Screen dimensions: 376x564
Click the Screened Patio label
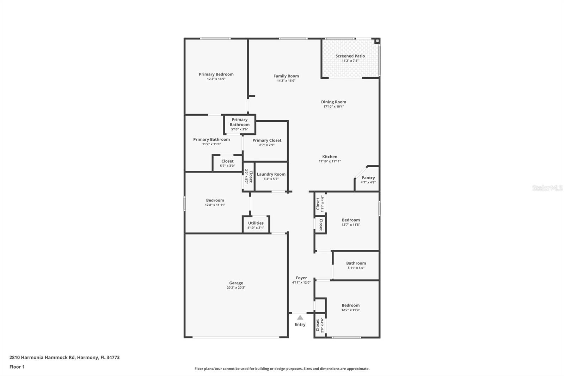350,56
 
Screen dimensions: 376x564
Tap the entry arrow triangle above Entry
300,317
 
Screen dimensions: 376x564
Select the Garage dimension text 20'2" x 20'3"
236,287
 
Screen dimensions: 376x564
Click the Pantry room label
368,178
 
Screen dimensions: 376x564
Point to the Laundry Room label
271,174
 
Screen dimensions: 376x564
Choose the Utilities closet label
256,223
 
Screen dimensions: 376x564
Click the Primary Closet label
267,140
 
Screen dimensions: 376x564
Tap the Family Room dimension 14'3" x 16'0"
286,81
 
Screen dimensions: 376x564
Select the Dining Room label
333,102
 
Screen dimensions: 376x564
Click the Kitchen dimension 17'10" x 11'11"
330,161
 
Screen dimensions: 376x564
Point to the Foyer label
301,278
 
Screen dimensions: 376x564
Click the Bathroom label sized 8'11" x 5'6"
356,263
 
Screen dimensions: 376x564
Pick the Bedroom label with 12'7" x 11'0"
350,305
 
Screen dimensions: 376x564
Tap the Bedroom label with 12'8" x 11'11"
215,200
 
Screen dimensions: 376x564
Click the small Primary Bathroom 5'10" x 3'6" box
240,124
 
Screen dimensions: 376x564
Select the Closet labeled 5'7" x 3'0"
227,161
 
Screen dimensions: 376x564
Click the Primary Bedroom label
216,74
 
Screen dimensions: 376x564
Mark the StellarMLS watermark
547,188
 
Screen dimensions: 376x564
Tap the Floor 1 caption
17,367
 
